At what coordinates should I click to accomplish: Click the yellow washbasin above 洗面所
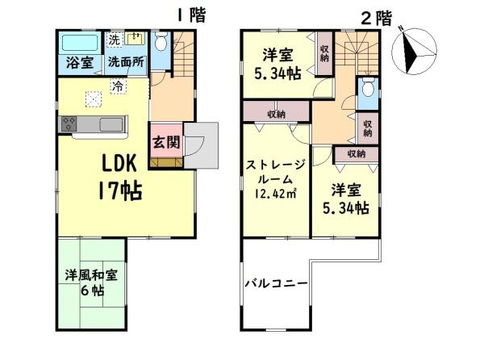tap(136, 39)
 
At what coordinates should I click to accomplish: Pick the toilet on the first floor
tap(161, 43)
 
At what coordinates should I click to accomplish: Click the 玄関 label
tap(166, 142)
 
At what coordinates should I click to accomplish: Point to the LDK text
tap(122, 164)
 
